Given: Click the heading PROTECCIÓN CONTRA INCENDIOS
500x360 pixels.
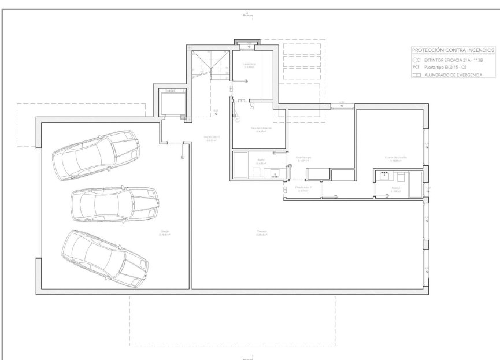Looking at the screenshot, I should click(453, 51).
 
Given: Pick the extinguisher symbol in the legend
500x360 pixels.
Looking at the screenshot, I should click(416, 60).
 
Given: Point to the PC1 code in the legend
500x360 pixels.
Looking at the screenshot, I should click(416, 68).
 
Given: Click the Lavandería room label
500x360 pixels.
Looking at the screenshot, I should click(249, 64).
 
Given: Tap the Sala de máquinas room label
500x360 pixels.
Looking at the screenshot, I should click(261, 128).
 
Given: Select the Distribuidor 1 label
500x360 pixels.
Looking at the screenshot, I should click(212, 137).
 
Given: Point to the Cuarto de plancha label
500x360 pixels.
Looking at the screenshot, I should click(395, 157).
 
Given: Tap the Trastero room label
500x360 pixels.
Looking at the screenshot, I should click(262, 232).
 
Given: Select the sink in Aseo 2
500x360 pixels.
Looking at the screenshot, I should click(383, 176).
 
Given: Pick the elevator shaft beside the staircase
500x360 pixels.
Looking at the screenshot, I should click(172, 102).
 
